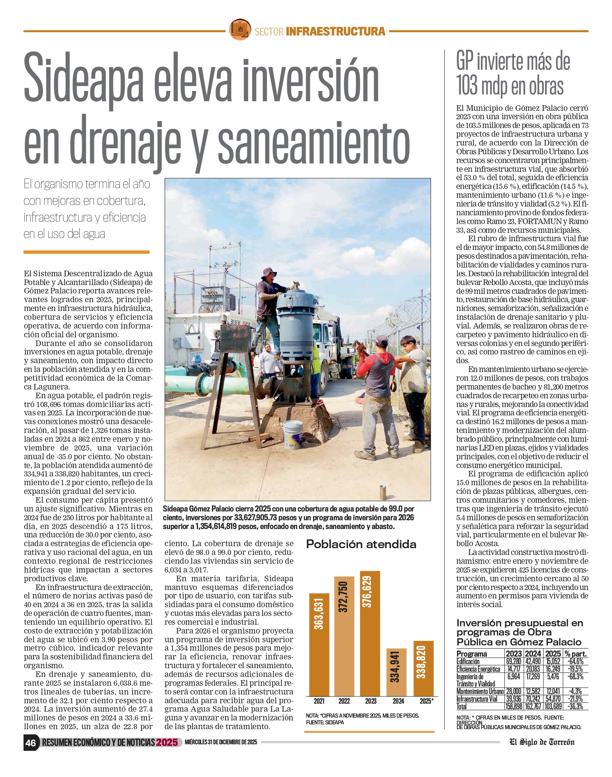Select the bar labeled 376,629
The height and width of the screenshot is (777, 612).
(370, 633)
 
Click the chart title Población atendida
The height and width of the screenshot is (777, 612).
(361, 544)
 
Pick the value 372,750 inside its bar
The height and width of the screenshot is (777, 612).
(344, 596)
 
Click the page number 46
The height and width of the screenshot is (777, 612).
(31, 743)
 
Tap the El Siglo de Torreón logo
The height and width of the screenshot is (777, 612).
(542, 742)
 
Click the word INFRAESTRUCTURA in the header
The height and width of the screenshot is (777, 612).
(335, 31)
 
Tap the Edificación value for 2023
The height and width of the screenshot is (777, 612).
(514, 662)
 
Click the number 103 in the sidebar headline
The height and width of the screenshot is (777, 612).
(467, 86)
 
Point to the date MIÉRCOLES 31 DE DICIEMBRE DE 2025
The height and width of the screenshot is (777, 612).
(221, 742)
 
